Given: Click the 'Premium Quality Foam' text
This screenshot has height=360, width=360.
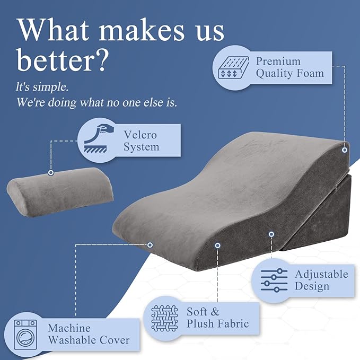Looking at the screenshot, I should point(289,67).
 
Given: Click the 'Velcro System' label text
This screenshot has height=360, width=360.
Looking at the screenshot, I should point(141,141).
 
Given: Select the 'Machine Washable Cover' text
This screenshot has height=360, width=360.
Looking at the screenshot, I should point(88,334).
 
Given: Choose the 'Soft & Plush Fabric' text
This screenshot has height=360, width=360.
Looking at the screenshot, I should point(217,318).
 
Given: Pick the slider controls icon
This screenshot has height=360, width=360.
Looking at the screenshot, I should point(275,280).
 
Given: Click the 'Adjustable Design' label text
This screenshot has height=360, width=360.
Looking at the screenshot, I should point(321,280).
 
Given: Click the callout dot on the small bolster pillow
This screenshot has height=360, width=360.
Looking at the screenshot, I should point(51,172).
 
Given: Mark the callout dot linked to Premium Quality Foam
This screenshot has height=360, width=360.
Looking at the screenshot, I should point(344,151).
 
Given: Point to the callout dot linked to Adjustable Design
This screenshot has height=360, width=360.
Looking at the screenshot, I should point(271,234).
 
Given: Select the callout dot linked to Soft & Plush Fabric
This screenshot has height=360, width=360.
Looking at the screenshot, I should point(217,245).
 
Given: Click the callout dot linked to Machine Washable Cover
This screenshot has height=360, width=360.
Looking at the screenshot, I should point(150,244).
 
